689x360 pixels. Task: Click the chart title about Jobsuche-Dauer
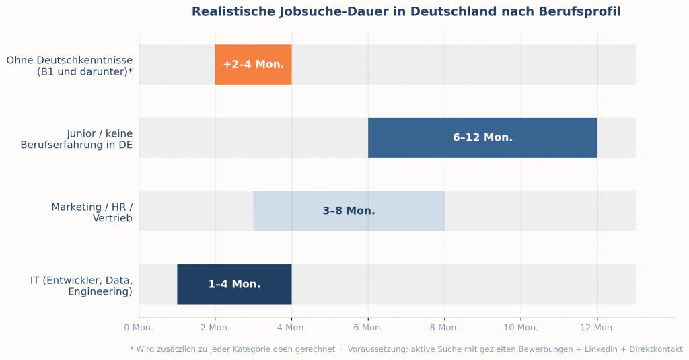coord(406,12)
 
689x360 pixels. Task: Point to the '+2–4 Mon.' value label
coord(253,65)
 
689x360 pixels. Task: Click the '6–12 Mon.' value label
coord(482,137)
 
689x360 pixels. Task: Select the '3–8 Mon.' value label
coord(349,211)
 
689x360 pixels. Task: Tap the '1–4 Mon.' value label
coord(234,285)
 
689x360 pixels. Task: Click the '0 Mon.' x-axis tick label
coord(139,328)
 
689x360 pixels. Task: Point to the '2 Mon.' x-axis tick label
coord(215,328)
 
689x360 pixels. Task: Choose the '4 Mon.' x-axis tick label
coord(291,328)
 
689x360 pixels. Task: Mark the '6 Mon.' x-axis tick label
coord(368,328)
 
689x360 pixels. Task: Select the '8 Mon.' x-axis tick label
coord(444,328)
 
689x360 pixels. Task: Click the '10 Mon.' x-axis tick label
coord(521,328)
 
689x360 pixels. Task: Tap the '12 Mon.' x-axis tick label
coord(597,328)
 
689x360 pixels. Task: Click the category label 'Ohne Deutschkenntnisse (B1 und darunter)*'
coord(70,65)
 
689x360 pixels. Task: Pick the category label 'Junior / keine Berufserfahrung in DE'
coord(77,139)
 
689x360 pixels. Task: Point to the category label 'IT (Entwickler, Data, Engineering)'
coord(81,285)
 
